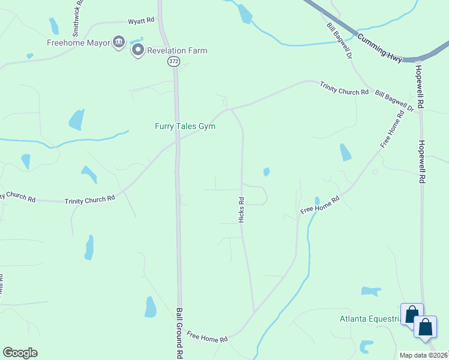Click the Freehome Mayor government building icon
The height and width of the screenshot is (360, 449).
(119, 42)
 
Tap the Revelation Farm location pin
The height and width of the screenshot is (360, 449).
(137, 50)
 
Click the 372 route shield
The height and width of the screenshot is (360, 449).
(173, 61)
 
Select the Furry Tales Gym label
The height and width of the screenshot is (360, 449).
(185, 126)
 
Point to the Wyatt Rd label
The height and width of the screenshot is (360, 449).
(142, 21)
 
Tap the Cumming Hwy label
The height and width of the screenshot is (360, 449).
(380, 45)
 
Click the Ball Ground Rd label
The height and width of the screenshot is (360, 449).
(179, 333)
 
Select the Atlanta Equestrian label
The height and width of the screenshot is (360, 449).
(370, 319)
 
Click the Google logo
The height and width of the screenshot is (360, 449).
(20, 353)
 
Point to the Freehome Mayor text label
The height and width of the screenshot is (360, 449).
(79, 43)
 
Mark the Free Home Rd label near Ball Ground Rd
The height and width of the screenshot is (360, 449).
(207, 337)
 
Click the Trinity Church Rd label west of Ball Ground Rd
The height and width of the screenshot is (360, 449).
(90, 199)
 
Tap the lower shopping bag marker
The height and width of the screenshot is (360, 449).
(426, 328)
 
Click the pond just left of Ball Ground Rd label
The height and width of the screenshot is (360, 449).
(150, 307)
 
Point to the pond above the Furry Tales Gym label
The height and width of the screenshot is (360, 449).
(76, 119)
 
